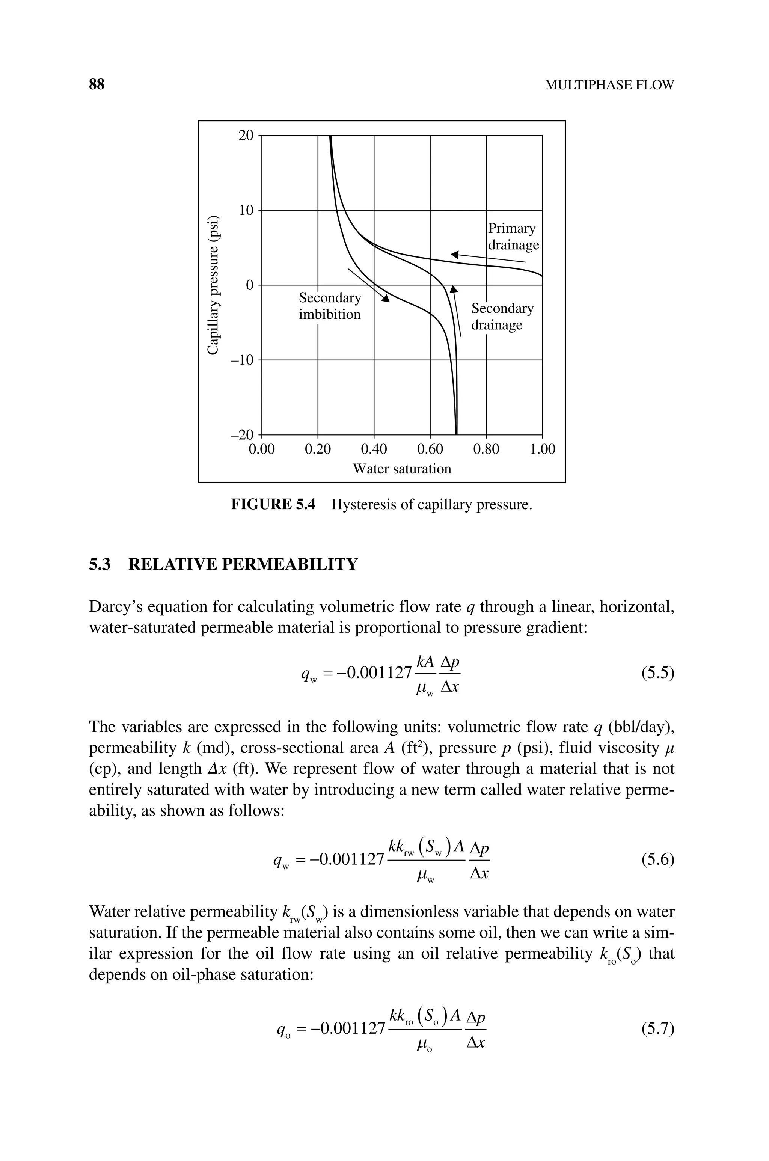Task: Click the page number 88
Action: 97,85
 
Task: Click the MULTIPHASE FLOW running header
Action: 609,85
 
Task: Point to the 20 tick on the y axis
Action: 246,135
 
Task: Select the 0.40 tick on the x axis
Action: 374,449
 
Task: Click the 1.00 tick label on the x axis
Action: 543,449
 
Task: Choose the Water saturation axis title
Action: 402,469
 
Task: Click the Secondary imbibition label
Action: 330,306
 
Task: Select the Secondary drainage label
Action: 502,316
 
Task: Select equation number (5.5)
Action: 657,674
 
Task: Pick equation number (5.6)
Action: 657,860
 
